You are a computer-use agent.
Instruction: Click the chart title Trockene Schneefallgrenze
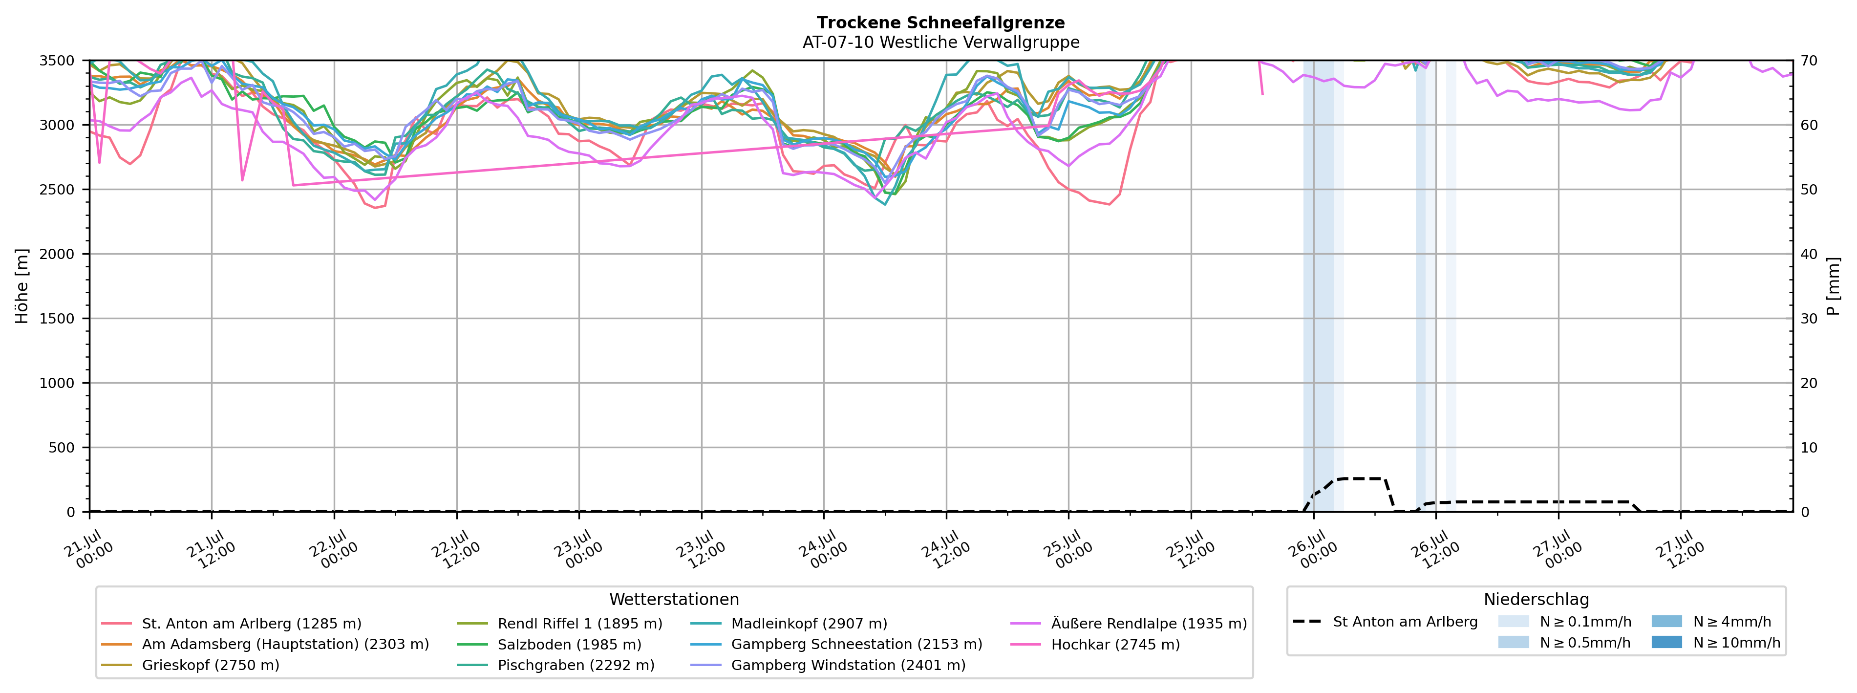tap(941, 22)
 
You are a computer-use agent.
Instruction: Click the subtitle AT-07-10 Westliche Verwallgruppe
tap(941, 42)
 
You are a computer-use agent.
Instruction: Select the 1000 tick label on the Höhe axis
tap(57, 383)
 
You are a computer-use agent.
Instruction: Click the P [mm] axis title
tap(1833, 286)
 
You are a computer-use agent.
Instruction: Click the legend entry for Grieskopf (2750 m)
tap(191, 665)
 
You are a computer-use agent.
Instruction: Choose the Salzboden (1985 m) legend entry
tap(549, 644)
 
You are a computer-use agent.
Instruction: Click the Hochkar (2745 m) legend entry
tap(1096, 644)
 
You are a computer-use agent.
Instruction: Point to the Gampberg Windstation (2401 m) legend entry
tap(828, 665)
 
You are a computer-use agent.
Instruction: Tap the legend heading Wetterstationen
tap(674, 599)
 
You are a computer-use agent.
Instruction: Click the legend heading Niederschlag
tap(1536, 599)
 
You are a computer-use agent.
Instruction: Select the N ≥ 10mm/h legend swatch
tap(1666, 642)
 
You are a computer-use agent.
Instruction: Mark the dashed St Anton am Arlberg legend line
tap(1308, 621)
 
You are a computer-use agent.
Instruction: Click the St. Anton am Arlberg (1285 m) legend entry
tap(232, 623)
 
